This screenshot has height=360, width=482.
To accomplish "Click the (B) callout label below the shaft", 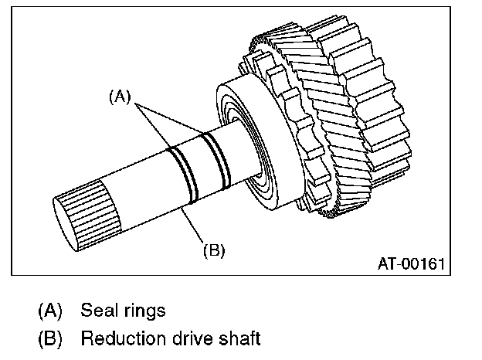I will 213,250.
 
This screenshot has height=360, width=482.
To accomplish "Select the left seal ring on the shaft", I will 184,169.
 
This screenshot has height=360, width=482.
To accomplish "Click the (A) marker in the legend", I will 49,311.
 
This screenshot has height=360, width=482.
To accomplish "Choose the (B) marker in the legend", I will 49,338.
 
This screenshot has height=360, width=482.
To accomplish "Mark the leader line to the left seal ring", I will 154,124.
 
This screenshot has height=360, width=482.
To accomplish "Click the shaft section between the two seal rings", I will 199,164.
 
